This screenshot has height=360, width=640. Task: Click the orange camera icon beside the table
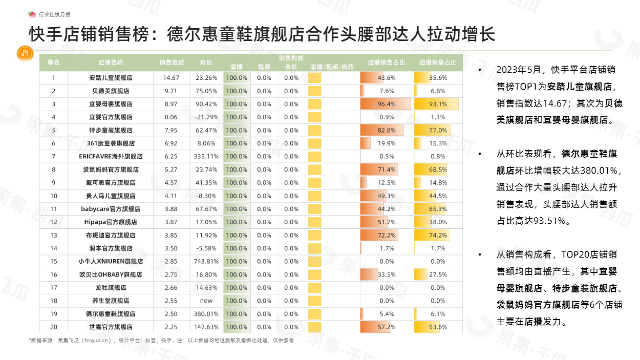coord(25,53)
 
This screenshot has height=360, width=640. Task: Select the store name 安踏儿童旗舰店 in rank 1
coord(111,78)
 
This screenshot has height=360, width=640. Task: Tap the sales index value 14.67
coord(171,78)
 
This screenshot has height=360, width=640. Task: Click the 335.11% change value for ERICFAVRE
coord(206,157)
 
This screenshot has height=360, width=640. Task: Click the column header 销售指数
coord(172,62)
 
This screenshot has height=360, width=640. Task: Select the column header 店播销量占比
coord(438,62)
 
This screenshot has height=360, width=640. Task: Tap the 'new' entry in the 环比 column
coord(206,301)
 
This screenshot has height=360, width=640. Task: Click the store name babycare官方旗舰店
coord(111,209)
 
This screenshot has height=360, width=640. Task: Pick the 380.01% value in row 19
coord(206,314)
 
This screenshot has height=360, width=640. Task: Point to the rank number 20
coord(54,327)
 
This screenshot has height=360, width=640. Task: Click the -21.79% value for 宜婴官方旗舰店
coord(206,117)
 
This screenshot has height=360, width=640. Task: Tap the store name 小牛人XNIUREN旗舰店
coord(111,262)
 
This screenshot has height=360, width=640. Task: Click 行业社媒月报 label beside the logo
coord(55,14)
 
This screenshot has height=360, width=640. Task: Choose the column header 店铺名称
coord(111,62)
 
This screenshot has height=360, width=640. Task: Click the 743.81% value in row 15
coord(206,262)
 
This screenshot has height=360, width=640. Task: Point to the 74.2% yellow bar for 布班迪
coord(432,236)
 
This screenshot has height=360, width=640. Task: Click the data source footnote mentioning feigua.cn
coord(161,341)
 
